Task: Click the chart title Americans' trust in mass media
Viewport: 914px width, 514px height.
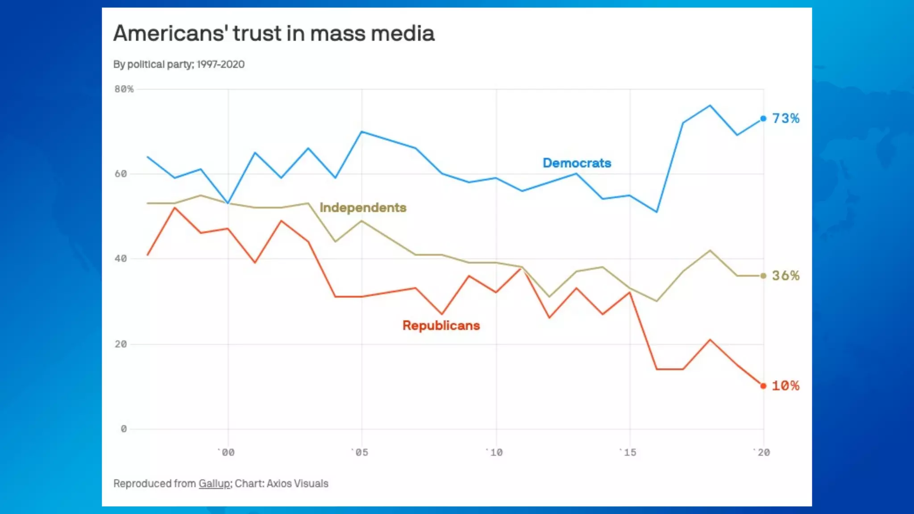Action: [x=274, y=33]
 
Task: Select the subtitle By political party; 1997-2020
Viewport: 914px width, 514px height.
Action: [x=179, y=64]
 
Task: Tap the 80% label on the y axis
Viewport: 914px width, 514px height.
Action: [x=124, y=89]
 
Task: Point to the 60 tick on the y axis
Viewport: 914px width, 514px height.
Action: [x=120, y=174]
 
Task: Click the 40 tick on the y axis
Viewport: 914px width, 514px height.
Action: [x=120, y=259]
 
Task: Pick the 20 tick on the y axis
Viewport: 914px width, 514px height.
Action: [x=120, y=344]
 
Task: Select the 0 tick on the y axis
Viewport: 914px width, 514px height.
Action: [x=124, y=429]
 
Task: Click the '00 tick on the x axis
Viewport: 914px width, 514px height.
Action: [x=228, y=452]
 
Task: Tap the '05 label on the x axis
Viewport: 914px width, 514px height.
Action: [x=361, y=452]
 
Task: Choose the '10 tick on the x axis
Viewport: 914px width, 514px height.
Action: [x=495, y=452]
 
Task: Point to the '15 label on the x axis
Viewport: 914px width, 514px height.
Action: [x=629, y=452]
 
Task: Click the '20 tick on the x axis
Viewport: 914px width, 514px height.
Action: [x=763, y=452]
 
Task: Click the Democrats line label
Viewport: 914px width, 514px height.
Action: [x=577, y=163]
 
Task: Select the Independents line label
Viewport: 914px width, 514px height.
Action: [x=363, y=207]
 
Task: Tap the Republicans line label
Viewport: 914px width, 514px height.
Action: [x=441, y=325]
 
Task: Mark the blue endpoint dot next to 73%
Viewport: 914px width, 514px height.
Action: [x=763, y=119]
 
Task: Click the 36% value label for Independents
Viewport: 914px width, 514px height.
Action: [x=785, y=276]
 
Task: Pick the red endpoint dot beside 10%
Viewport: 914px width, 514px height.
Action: [x=763, y=386]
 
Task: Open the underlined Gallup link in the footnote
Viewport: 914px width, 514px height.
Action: [x=214, y=484]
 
